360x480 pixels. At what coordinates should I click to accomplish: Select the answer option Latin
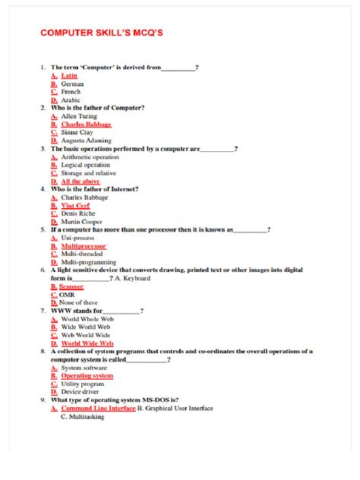[x=69, y=76]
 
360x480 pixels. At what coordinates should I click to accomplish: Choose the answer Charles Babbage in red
[x=86, y=125]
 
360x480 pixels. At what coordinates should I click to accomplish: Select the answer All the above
[x=81, y=182]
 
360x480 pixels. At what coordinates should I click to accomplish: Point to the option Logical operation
[x=85, y=166]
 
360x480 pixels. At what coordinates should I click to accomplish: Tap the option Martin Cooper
[x=82, y=223]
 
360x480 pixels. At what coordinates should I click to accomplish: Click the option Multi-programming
[x=88, y=263]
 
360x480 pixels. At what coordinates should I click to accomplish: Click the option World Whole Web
[x=87, y=319]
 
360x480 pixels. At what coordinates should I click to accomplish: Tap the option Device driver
[x=81, y=392]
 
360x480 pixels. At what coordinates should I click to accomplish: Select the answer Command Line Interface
[x=98, y=409]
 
